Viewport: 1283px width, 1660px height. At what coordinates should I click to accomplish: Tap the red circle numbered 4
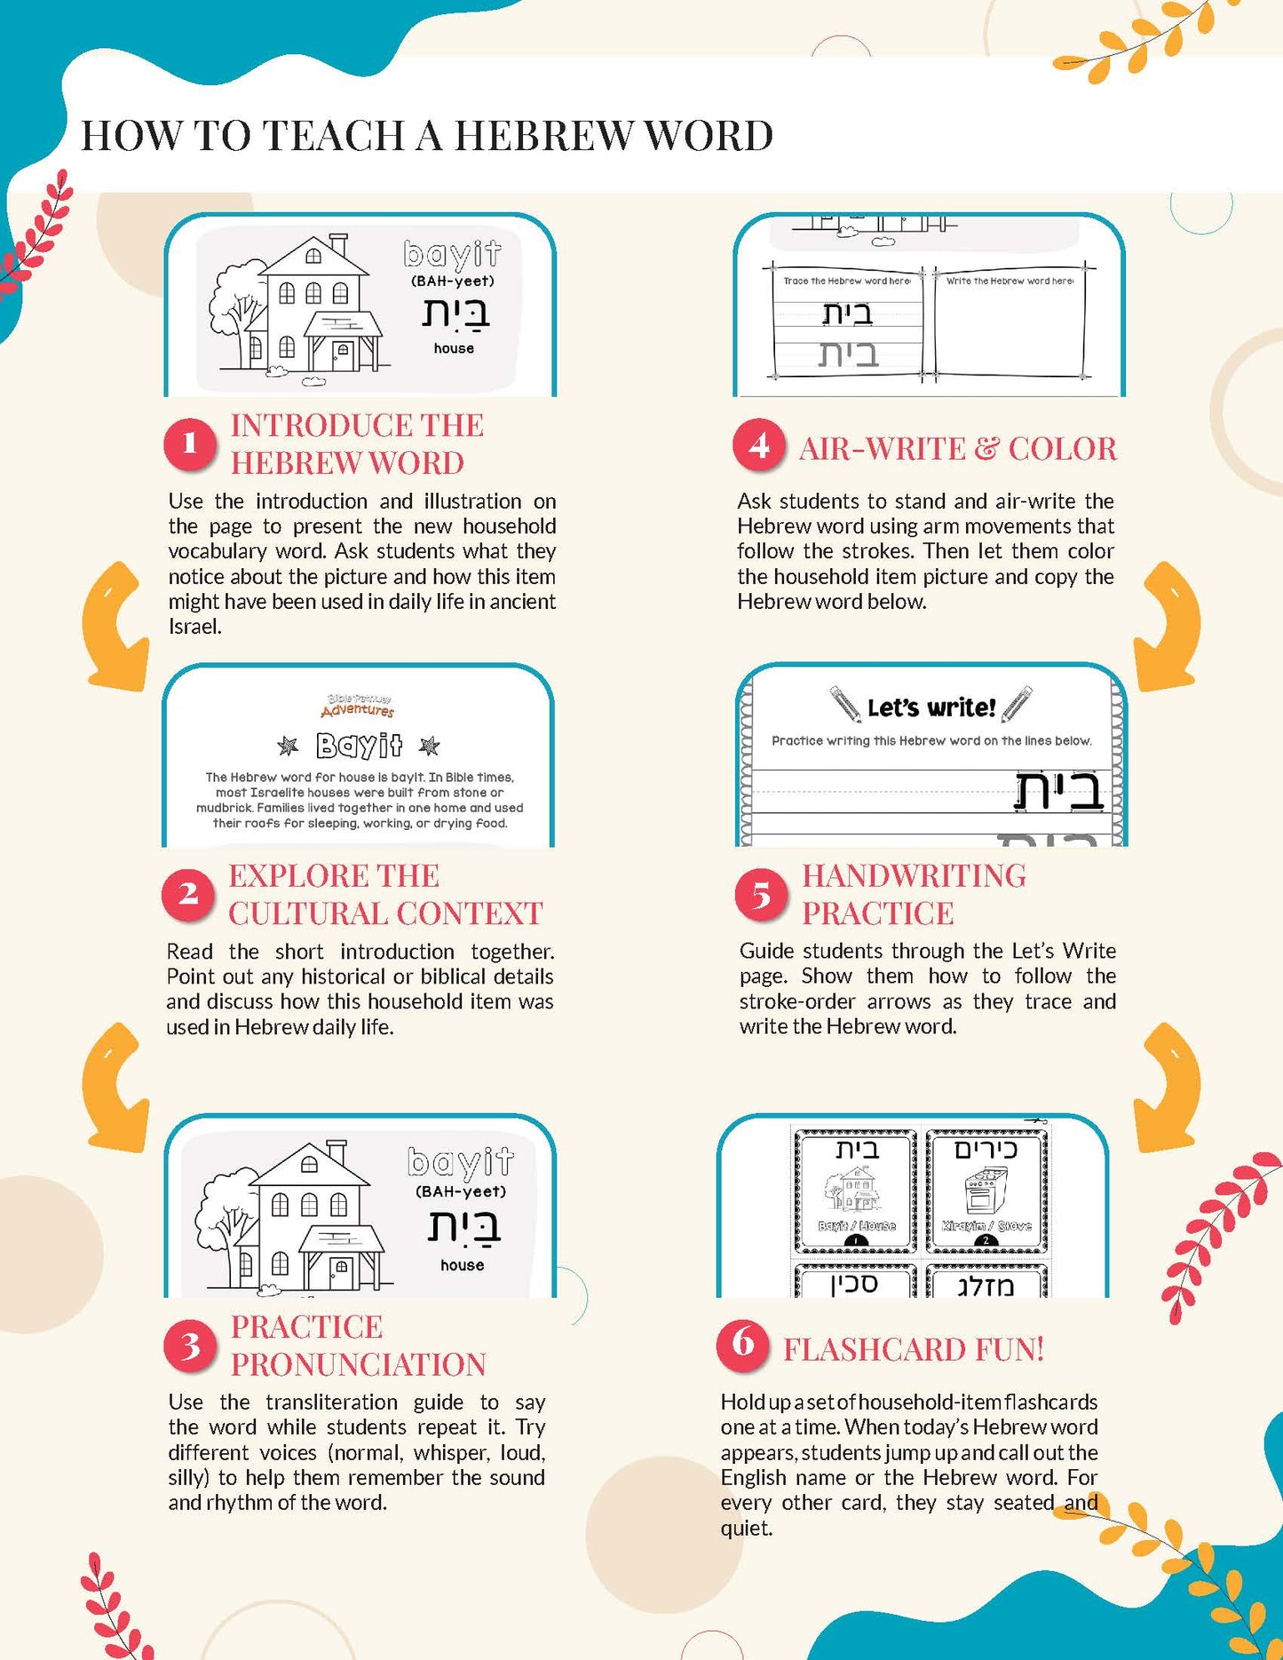pos(758,446)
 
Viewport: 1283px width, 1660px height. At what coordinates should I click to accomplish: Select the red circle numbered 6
pos(742,1343)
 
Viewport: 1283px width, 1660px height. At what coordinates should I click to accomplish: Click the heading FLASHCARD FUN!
pos(914,1349)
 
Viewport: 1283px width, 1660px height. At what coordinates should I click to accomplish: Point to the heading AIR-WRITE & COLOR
pos(957,449)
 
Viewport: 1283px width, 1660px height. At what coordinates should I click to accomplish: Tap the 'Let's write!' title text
pos(931,707)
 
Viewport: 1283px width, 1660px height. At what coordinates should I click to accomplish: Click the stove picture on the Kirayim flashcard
pos(984,1190)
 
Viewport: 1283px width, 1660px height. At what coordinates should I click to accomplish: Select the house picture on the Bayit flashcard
pos(853,1190)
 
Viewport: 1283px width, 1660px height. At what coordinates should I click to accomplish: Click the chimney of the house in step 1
pos(338,243)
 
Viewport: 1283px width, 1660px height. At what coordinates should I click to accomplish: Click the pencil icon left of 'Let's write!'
pos(845,703)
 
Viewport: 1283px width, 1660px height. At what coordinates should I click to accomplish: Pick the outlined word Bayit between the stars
pos(358,746)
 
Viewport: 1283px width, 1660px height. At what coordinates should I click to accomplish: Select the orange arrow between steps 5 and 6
pos(1168,1087)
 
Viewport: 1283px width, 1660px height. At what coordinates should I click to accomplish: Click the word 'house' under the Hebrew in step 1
pos(454,349)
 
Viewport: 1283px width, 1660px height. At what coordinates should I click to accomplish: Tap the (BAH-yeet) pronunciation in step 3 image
pos(460,1191)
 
